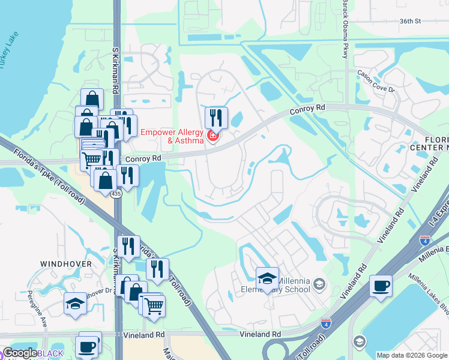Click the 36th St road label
point(411,21)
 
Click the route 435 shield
point(116,194)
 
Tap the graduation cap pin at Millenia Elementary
point(267,278)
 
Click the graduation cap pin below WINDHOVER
point(75,304)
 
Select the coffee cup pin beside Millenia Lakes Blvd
point(381,286)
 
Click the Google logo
point(20,353)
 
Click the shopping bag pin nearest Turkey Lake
point(92,99)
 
